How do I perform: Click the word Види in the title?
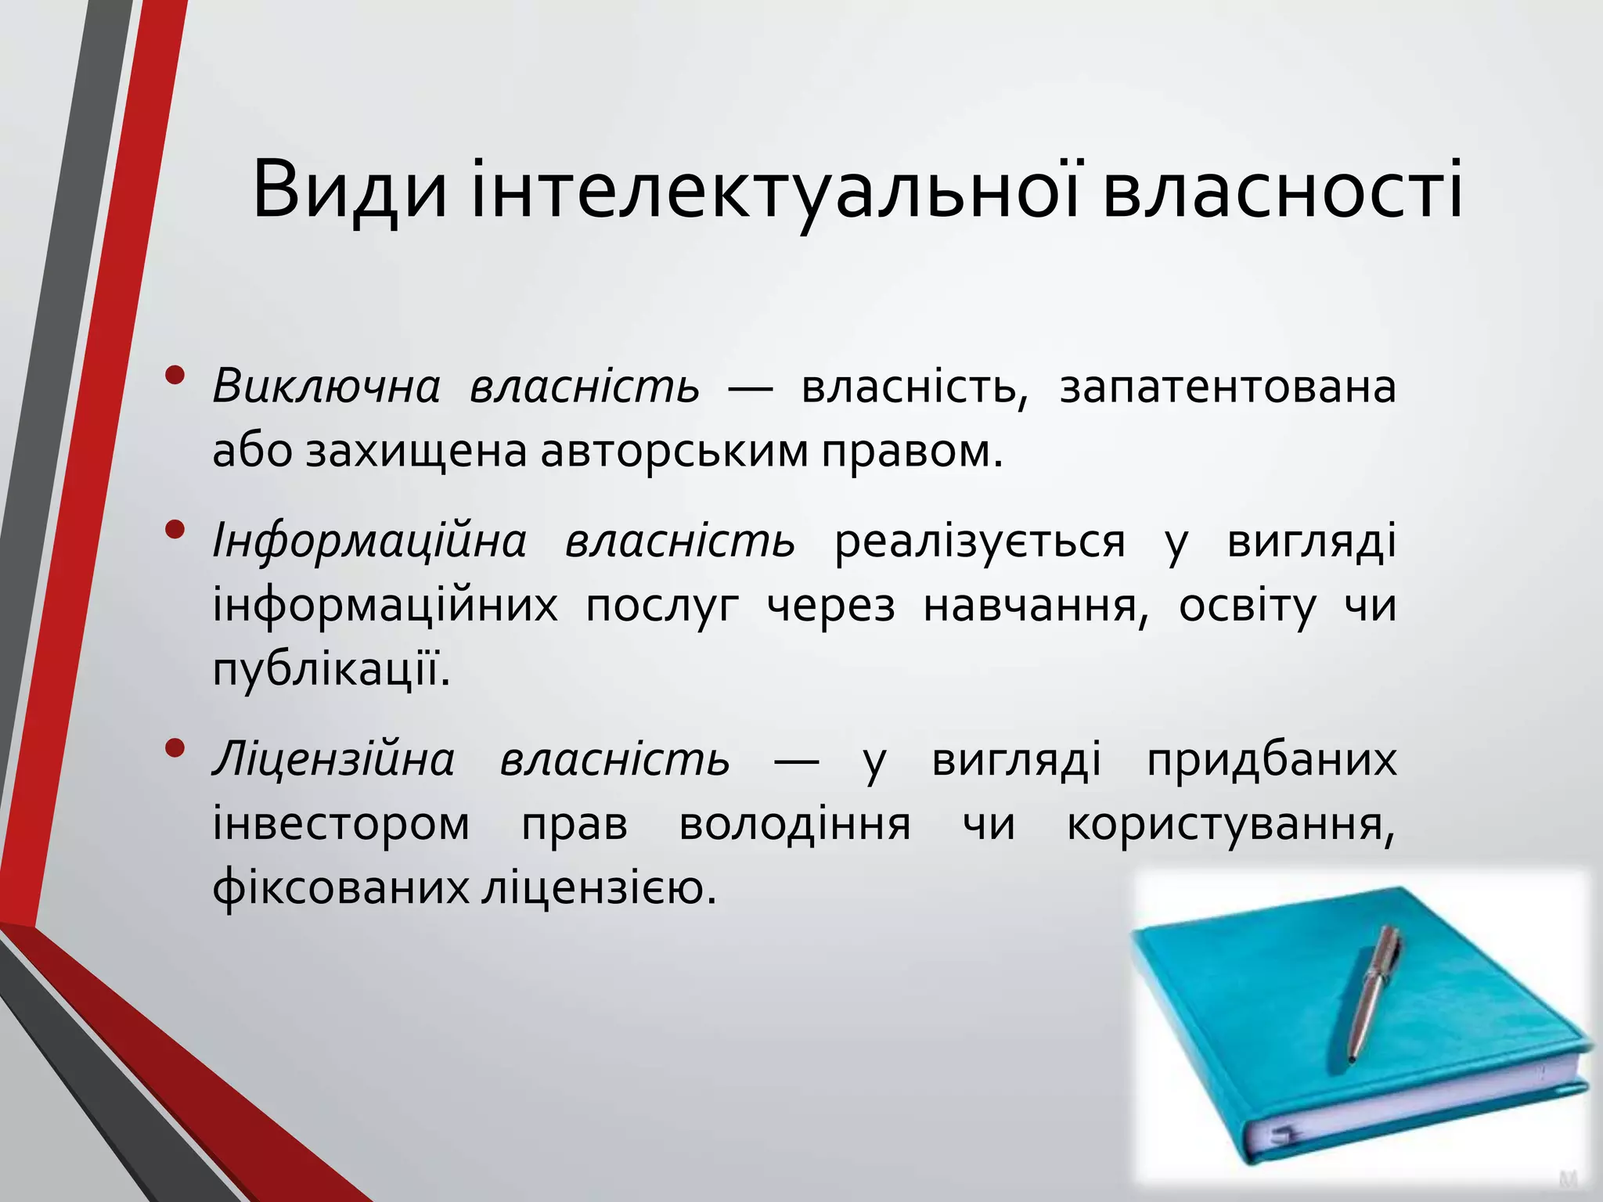[x=350, y=192]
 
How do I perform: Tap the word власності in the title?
[x=1282, y=192]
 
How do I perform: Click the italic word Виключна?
[x=326, y=387]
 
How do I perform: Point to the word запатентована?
[x=1227, y=387]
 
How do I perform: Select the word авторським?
[x=674, y=452]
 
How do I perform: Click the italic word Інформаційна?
[x=369, y=542]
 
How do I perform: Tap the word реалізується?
[x=980, y=542]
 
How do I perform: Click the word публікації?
[x=331, y=670]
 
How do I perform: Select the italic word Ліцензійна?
[x=333, y=760]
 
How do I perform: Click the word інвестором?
[x=341, y=824]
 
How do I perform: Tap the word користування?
[x=1230, y=824]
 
